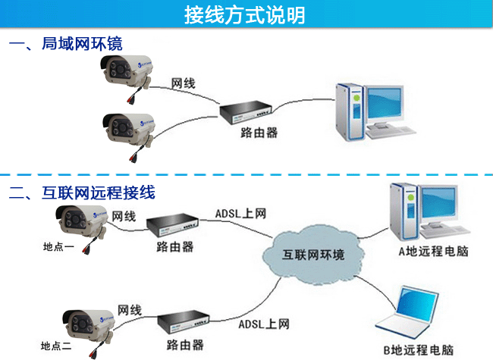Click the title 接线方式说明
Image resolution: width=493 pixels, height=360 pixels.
click(246, 14)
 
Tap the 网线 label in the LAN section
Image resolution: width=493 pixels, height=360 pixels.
click(183, 83)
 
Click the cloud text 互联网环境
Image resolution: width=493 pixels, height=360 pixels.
click(313, 254)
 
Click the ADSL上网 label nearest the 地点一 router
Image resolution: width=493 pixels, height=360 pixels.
click(240, 213)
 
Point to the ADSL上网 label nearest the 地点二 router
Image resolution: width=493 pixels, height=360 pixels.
click(264, 324)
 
